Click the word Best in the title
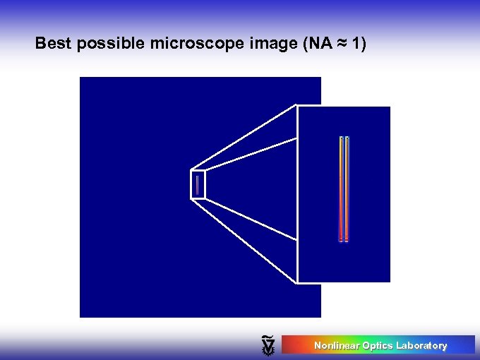tap(53, 44)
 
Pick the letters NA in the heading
tap(320, 44)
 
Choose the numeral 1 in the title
tap(356, 44)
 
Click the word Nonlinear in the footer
tap(336, 345)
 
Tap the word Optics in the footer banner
tap(377, 345)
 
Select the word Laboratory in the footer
tap(421, 345)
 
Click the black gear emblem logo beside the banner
tap(268, 344)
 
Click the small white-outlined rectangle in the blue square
tap(198, 184)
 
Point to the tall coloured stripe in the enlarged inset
tap(344, 189)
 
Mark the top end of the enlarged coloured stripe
tap(344, 138)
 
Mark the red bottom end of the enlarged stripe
tap(344, 238)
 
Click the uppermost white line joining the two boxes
tap(244, 138)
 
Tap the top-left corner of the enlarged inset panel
tap(298, 107)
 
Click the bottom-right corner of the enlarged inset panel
tap(390, 282)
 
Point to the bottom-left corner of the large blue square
tap(80, 316)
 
